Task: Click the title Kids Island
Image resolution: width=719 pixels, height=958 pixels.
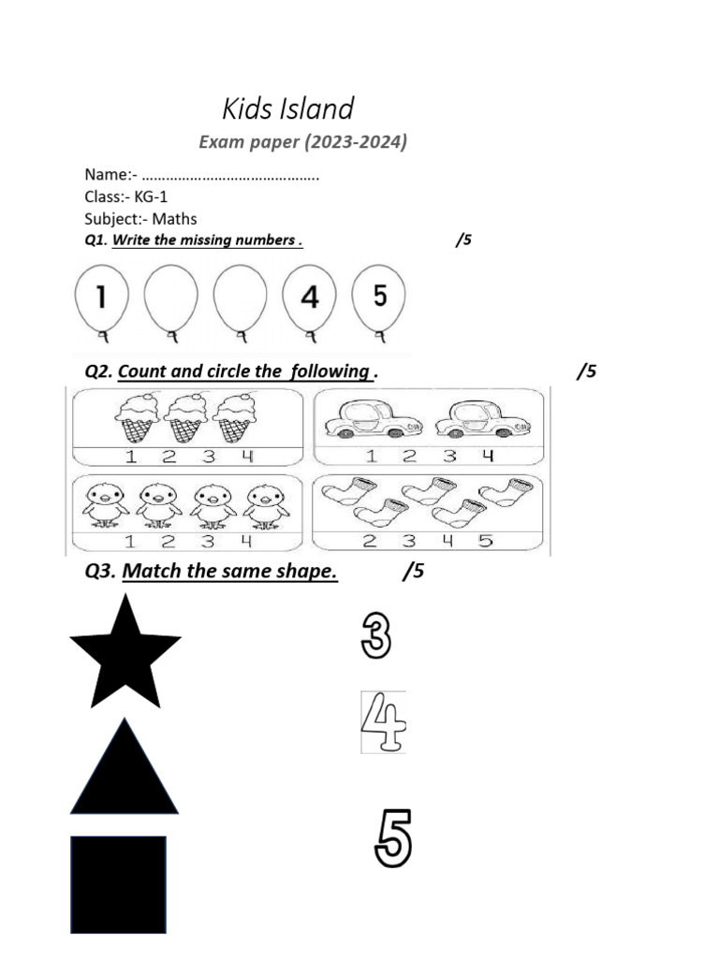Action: [288, 109]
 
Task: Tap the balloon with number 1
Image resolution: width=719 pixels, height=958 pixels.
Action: [101, 298]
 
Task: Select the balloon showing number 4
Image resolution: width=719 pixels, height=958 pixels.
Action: [309, 298]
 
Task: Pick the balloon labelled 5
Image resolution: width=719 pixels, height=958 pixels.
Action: [379, 297]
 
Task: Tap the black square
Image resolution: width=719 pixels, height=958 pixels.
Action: [118, 884]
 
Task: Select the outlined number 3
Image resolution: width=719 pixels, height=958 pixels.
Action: [375, 635]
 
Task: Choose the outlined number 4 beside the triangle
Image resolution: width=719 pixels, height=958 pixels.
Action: [384, 722]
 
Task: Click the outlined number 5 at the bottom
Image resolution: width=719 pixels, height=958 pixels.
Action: [392, 838]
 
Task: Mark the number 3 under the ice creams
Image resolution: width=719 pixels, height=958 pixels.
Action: [208, 457]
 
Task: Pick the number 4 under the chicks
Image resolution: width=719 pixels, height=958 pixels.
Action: [246, 541]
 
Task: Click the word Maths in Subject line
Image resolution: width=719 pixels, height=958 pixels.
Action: [175, 219]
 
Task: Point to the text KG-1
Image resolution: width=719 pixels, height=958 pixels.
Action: [151, 196]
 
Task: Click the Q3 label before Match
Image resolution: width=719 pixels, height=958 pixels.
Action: [100, 571]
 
